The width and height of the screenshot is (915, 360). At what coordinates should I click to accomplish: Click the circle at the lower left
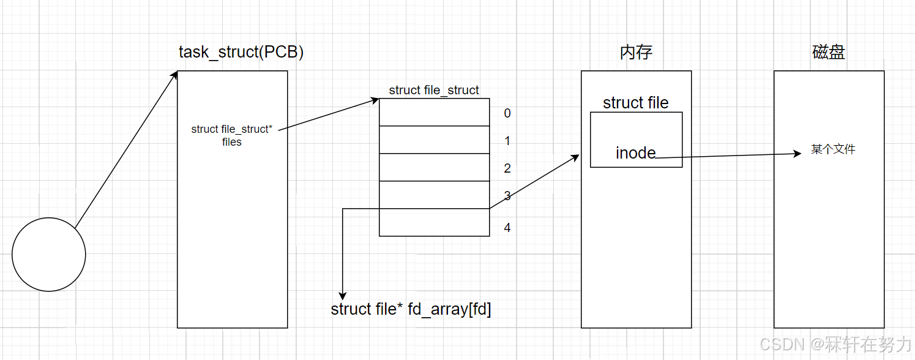(x=49, y=254)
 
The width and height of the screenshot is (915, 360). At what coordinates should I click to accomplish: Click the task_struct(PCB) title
(x=241, y=52)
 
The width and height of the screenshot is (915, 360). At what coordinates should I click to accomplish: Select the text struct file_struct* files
(x=232, y=135)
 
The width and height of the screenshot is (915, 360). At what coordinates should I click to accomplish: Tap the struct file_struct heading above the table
(x=434, y=90)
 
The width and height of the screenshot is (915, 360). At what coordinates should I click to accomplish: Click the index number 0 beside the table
(x=507, y=113)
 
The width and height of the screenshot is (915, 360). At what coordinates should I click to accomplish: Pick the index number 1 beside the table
(x=507, y=141)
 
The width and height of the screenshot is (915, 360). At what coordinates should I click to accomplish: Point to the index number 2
(x=507, y=168)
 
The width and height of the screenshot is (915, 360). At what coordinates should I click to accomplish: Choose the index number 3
(x=507, y=197)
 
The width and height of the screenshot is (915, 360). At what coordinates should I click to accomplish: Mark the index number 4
(x=507, y=228)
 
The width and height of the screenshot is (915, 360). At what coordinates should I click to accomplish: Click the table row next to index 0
(x=434, y=112)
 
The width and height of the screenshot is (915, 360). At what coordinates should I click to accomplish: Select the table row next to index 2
(x=434, y=167)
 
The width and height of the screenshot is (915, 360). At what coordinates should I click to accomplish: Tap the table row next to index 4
(x=434, y=222)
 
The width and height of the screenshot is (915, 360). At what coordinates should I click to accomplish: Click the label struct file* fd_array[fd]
(x=411, y=309)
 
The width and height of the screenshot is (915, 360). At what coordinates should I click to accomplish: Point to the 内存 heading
(x=636, y=52)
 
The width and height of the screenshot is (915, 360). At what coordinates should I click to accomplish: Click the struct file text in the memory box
(x=635, y=103)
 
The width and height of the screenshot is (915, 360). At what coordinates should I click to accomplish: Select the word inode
(x=635, y=152)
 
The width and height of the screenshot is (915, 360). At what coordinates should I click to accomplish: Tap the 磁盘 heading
(x=829, y=52)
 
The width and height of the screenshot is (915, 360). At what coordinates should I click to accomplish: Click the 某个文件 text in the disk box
(x=833, y=149)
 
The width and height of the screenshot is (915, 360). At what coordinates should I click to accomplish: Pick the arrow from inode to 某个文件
(x=728, y=156)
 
